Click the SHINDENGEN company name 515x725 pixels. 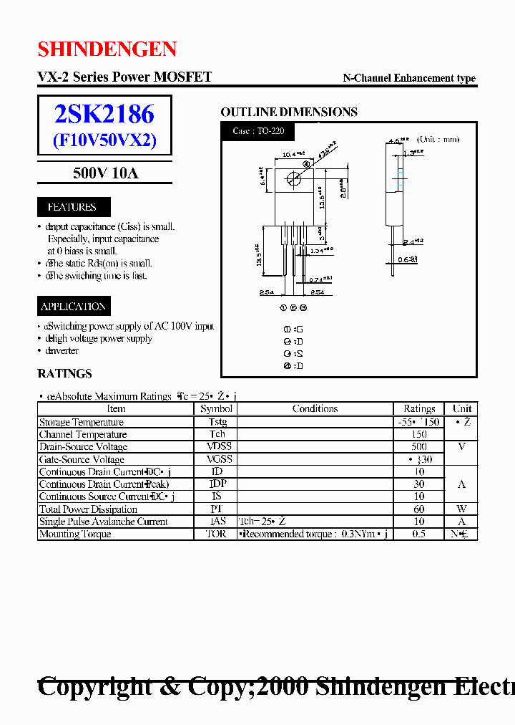coord(107,49)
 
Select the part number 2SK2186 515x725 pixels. coord(104,113)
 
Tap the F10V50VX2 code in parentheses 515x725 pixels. coord(104,140)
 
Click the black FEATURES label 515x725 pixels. coord(72,207)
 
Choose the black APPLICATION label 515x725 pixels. coord(73,307)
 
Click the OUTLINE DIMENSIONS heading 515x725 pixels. coord(289,112)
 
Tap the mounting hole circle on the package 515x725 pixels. coord(293,179)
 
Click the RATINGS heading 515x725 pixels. coord(64,373)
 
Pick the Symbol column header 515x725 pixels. coord(216,408)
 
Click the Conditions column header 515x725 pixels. coord(315,408)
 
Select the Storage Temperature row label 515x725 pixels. coord(81,422)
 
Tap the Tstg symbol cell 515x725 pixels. coord(217,422)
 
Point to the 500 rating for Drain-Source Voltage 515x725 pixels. coord(419,446)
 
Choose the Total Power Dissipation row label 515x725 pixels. coord(88,509)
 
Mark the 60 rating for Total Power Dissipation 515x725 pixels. coord(419,509)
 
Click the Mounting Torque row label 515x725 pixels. coord(74,534)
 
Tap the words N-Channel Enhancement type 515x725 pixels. coord(409,78)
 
